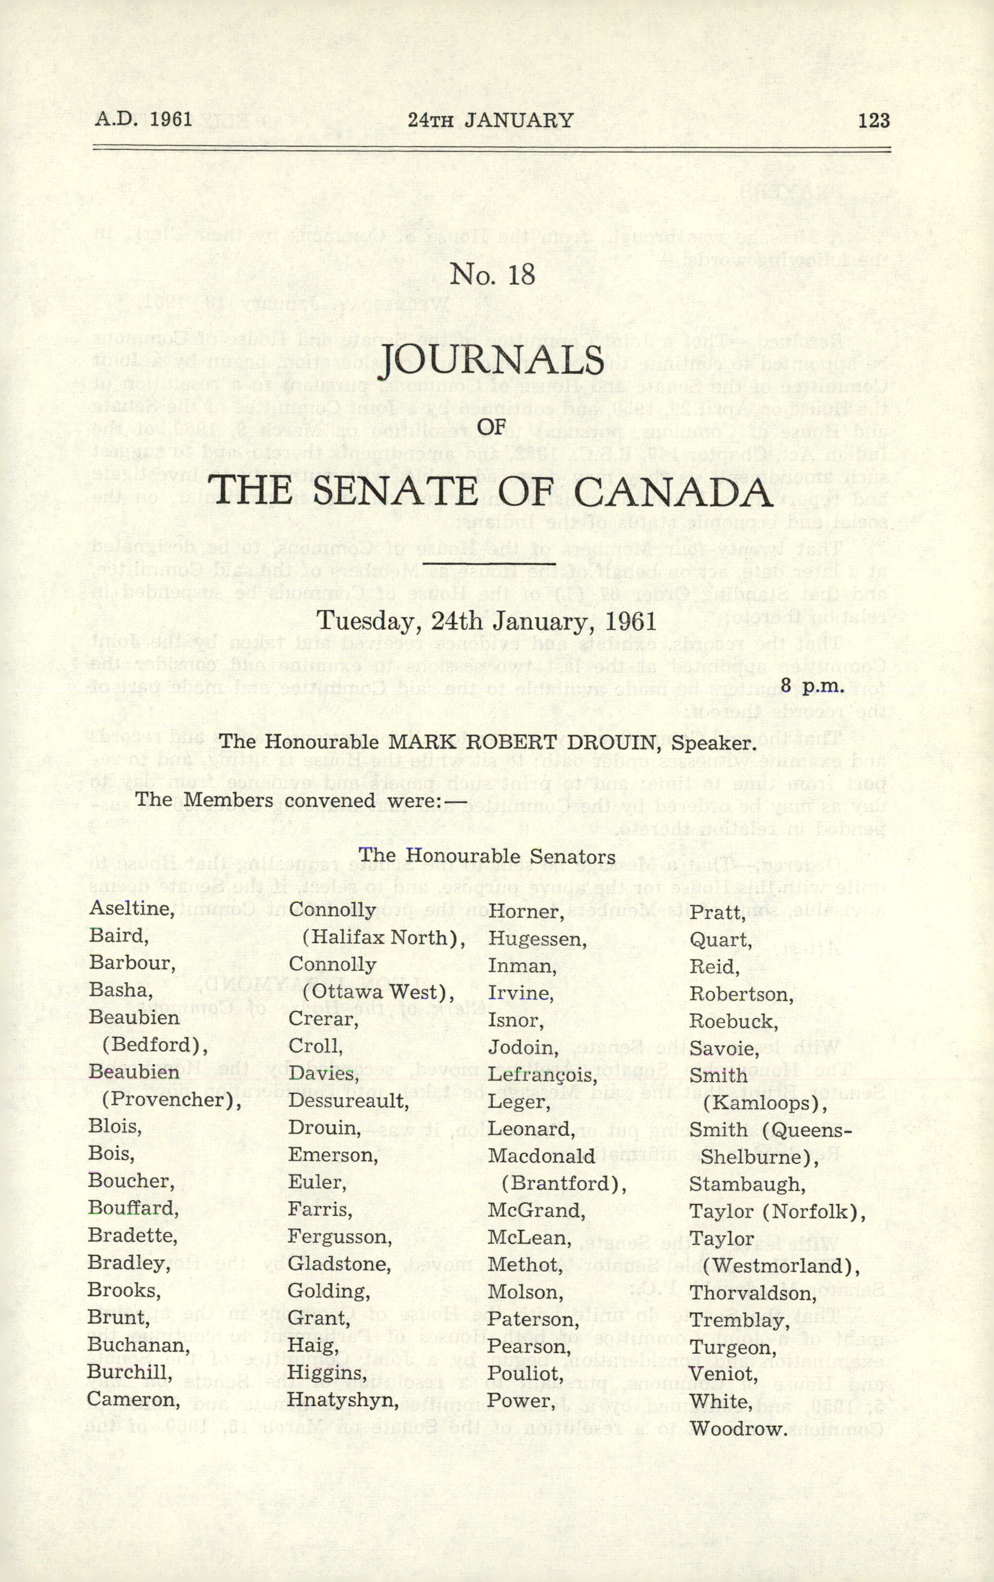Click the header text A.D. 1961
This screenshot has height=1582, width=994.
pos(143,120)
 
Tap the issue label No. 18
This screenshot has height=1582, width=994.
pos(493,275)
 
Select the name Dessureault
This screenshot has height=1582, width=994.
pos(348,1101)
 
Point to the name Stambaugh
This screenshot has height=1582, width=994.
pos(747,1184)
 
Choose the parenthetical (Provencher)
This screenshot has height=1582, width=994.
pos(171,1101)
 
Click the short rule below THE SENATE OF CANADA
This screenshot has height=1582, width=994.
pos(489,564)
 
